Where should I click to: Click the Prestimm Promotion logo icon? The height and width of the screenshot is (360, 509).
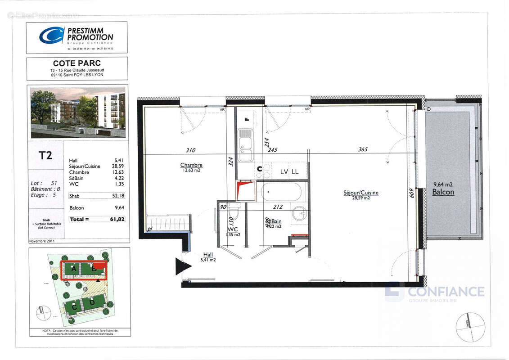pyautogui.click(x=51, y=35)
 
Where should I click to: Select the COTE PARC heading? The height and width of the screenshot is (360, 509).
pyautogui.click(x=77, y=63)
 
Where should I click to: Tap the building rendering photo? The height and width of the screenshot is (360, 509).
pyautogui.click(x=78, y=112)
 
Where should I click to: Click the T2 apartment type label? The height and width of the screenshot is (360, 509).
pyautogui.click(x=45, y=155)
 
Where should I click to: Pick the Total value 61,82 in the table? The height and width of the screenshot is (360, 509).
pyautogui.click(x=116, y=219)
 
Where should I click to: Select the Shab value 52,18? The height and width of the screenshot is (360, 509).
pyautogui.click(x=117, y=196)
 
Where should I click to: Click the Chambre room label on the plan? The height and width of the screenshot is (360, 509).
pyautogui.click(x=191, y=165)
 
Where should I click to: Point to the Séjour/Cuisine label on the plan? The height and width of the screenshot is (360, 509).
pyautogui.click(x=360, y=193)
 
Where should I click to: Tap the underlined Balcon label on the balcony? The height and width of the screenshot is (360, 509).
pyautogui.click(x=443, y=192)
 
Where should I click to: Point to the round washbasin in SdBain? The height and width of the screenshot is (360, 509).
pyautogui.click(x=299, y=214)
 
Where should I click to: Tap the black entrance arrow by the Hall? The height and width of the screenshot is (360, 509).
pyautogui.click(x=182, y=266)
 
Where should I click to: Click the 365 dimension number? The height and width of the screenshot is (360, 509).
pyautogui.click(x=362, y=150)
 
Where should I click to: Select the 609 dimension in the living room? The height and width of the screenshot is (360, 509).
pyautogui.click(x=410, y=194)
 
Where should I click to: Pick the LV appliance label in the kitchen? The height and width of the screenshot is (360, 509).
pyautogui.click(x=284, y=172)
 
